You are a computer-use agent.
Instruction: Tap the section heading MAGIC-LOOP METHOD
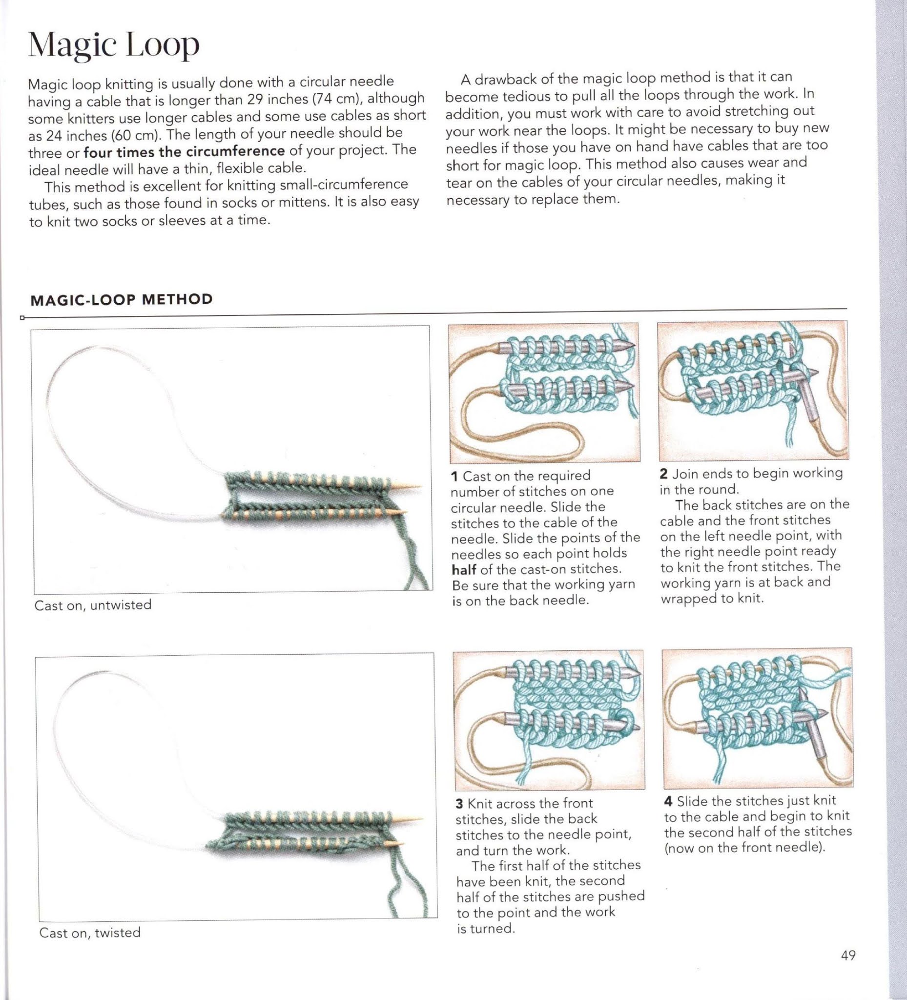click(122, 300)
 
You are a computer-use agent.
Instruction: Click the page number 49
click(848, 955)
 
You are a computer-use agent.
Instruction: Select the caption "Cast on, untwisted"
click(93, 605)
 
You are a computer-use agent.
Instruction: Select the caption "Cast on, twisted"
click(90, 933)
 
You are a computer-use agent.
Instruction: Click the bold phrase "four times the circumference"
click(184, 151)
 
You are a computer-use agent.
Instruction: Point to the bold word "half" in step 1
click(464, 569)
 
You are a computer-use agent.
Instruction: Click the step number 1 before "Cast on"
click(454, 477)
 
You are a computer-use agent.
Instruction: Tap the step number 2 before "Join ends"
click(663, 474)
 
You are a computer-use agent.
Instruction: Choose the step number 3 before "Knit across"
click(459, 804)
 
